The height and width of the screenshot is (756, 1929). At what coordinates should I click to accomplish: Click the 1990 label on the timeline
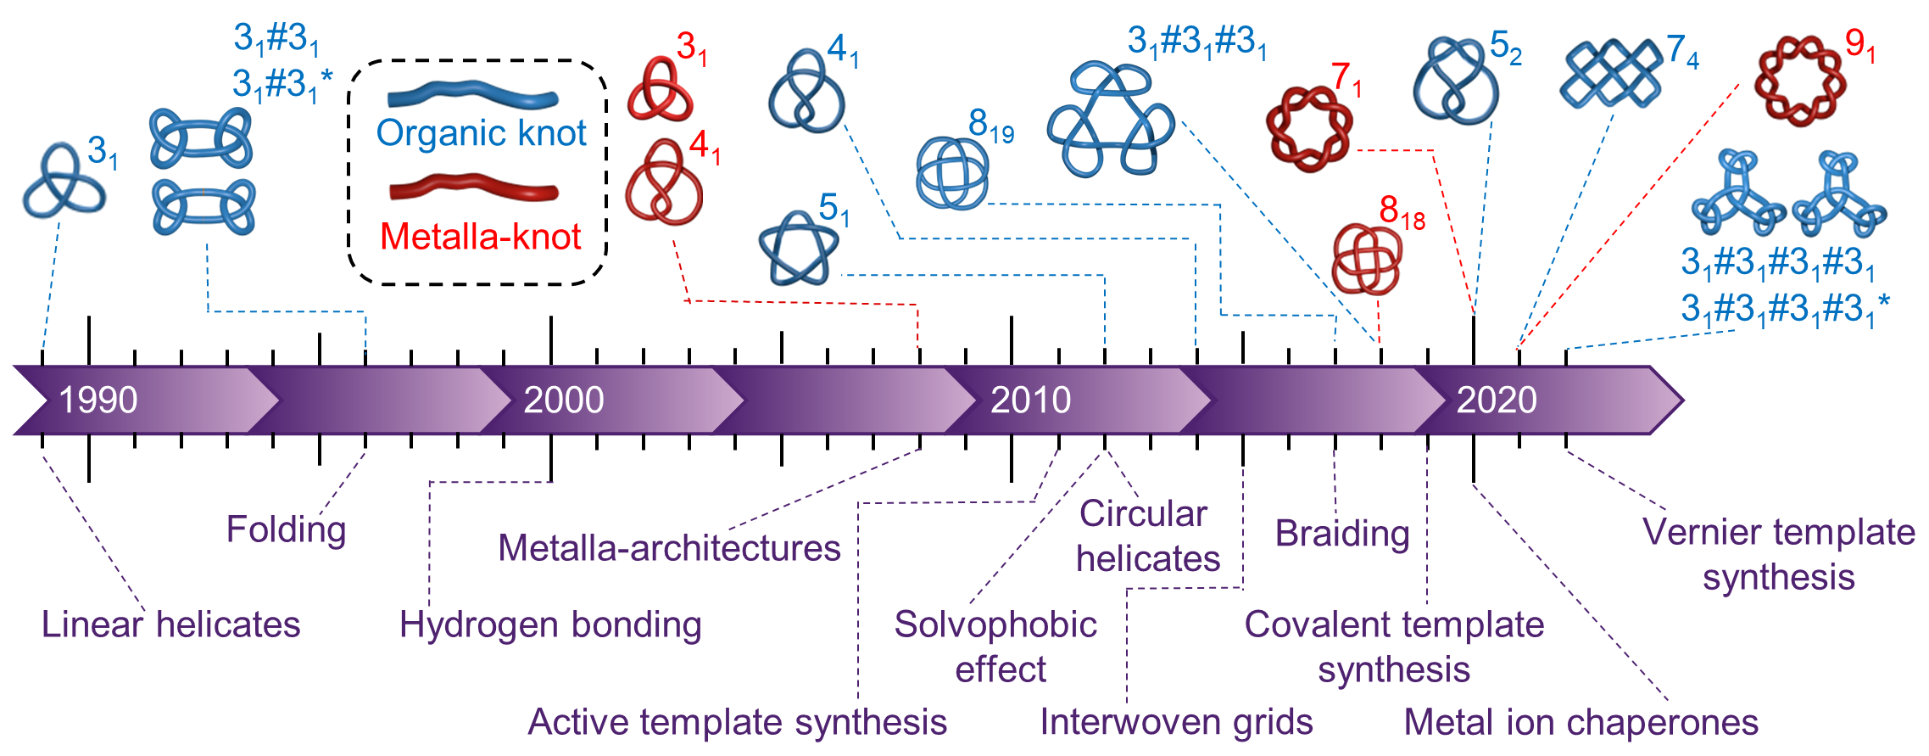click(98, 400)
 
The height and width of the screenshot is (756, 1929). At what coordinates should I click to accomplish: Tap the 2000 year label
click(564, 400)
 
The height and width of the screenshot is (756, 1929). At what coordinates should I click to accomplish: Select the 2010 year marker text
click(1030, 400)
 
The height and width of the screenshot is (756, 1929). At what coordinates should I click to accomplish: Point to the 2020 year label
click(1497, 400)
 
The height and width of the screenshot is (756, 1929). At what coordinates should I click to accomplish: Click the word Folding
click(287, 530)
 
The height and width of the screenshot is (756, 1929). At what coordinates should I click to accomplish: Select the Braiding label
click(1342, 534)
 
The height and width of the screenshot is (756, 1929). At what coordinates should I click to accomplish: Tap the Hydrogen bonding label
click(550, 625)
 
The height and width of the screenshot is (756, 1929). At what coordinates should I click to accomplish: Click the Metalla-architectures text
click(669, 548)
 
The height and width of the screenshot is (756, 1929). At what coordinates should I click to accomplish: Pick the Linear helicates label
click(171, 624)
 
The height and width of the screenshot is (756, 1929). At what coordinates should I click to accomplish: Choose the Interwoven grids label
click(1176, 722)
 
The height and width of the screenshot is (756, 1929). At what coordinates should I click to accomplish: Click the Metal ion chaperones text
click(1581, 723)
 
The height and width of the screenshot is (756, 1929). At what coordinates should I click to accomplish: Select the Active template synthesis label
click(737, 722)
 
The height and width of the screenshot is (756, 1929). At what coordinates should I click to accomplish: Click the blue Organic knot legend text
click(481, 133)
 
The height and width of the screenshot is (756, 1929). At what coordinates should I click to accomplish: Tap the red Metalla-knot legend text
click(480, 237)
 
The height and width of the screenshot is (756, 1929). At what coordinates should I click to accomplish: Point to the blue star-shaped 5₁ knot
click(797, 247)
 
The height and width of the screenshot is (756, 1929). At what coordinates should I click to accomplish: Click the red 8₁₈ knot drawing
click(1366, 259)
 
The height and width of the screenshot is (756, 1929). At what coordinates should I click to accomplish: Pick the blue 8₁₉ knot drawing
click(952, 173)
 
